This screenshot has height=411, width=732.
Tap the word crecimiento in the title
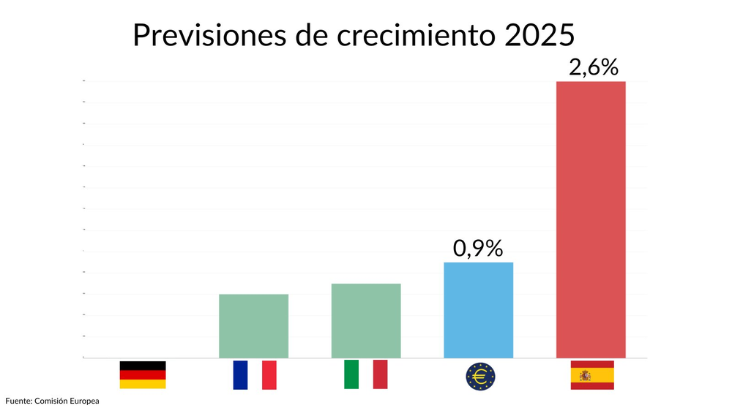tap(410, 35)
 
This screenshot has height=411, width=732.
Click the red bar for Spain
tap(591, 219)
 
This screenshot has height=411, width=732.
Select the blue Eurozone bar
tap(479, 310)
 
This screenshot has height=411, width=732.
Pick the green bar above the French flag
tap(254, 325)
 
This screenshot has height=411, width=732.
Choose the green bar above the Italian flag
tap(366, 320)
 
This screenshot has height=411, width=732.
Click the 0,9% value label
tap(478, 249)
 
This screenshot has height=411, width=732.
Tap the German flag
tap(143, 374)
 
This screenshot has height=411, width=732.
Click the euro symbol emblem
tap(480, 376)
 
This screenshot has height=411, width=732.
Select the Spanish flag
tap(592, 375)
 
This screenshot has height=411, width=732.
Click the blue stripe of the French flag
tap(240, 374)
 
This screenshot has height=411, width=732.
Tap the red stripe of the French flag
tap(269, 374)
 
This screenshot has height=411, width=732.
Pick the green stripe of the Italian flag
tap(351, 374)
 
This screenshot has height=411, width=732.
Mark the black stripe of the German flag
tap(143, 365)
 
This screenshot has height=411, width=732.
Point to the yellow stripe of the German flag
tap(143, 384)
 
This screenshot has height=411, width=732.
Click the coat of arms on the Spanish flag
tap(585, 375)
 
